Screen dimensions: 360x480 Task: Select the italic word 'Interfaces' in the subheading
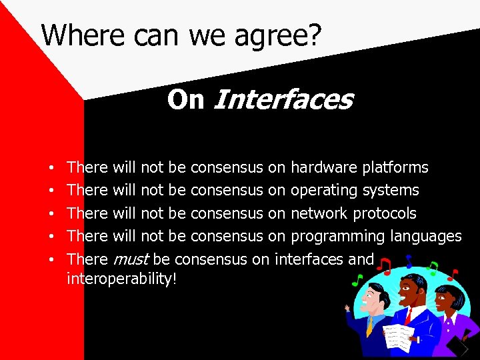(282, 100)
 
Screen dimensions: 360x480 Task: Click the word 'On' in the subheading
(185, 100)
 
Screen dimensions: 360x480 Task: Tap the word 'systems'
(391, 190)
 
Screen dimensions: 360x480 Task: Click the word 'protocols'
(385, 213)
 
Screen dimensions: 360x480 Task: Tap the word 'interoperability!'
(122, 279)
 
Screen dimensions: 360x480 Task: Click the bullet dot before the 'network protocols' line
(51, 214)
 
